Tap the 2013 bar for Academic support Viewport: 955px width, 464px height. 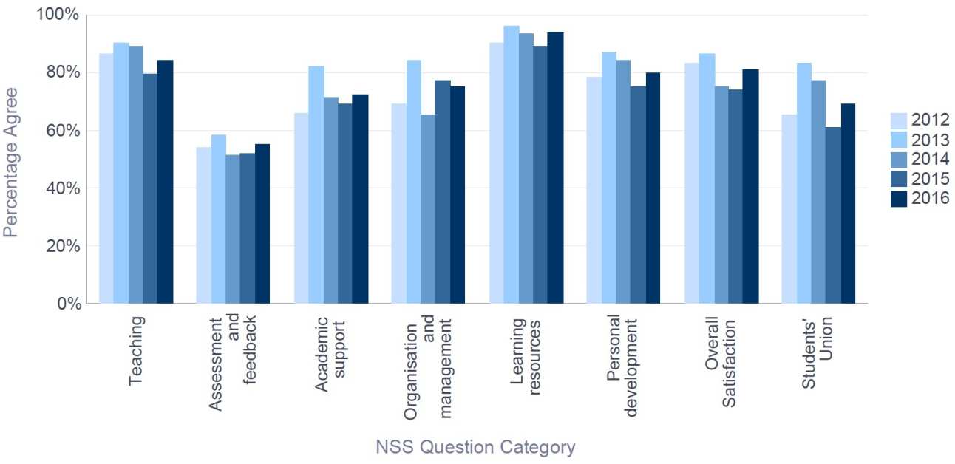[316, 185]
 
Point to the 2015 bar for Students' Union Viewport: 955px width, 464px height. [833, 215]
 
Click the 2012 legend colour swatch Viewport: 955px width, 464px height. [898, 120]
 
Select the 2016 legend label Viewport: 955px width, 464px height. [931, 198]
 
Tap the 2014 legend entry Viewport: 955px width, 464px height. [920, 159]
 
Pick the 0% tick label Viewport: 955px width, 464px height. [64, 303]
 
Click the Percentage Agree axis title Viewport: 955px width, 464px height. [10, 163]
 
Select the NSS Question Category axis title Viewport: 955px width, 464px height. [475, 447]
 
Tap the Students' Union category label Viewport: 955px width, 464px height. [818, 353]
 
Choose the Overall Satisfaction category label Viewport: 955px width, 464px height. [721, 353]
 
